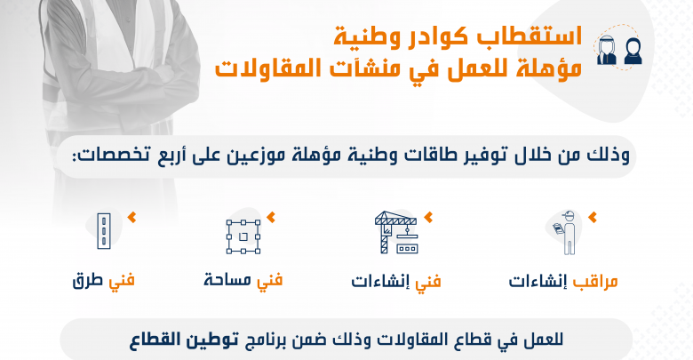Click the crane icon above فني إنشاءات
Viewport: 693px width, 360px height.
pos(396,232)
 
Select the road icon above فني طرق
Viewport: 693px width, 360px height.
pos(103,231)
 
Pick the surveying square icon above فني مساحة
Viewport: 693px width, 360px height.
pos(243,236)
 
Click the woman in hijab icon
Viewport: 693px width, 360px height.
pos(633,52)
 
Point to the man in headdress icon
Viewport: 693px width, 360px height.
pos(607,50)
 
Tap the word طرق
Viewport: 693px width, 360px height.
pos(87,281)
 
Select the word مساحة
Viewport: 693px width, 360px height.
pos(227,280)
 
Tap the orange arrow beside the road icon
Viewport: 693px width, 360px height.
pos(131,217)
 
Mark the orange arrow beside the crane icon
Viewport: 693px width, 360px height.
pos(428,217)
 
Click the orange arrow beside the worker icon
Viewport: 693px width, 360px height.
pos(593,217)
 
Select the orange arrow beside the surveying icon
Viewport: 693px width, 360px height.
pos(271,217)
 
